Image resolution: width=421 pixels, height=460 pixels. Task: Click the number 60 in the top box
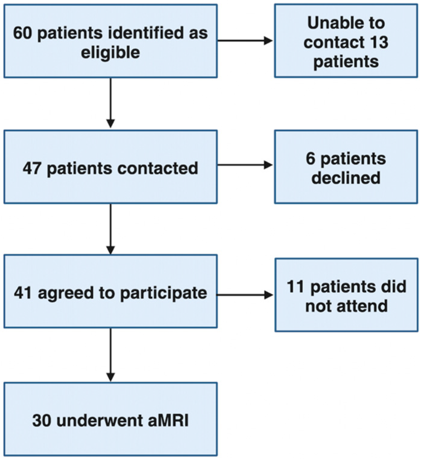pos(22,33)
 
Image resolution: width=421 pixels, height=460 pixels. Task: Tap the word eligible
pos(110,53)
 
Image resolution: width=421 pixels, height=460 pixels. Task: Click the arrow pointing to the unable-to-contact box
pos(245,40)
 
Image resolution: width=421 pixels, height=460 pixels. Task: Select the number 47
pos(32,168)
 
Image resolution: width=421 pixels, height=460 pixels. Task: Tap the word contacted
pos(158,168)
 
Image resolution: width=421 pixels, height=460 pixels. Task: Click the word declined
pos(346,178)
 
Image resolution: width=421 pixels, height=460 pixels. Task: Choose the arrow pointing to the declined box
pos(245,165)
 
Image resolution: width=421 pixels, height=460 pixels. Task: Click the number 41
pos(23,293)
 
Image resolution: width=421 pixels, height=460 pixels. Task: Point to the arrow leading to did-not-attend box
pos(245,295)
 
